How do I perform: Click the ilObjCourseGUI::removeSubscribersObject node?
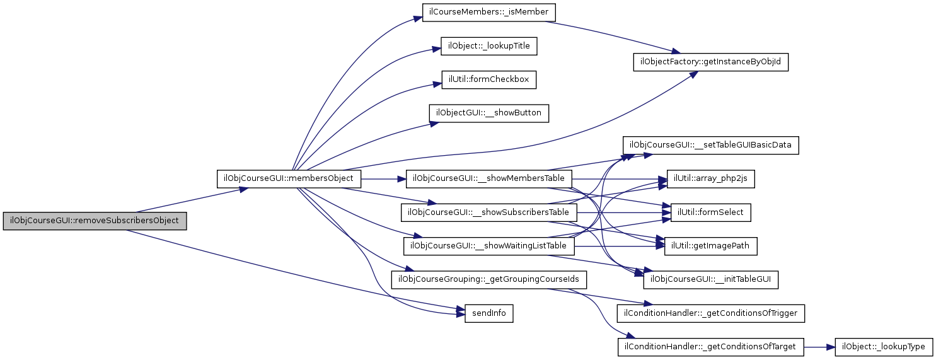[95, 221]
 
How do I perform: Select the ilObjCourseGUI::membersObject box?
[289, 178]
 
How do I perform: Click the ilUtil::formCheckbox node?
[489, 79]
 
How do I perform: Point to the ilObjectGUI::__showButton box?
[489, 113]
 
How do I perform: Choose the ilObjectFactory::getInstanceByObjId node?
[711, 62]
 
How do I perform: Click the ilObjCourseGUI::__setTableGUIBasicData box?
[711, 145]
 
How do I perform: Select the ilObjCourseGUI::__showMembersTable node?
[489, 178]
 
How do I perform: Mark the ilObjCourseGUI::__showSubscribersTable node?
[489, 212]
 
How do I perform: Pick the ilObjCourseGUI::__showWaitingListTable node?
[489, 245]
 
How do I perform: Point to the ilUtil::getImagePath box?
[710, 246]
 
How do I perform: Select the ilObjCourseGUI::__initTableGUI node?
[711, 279]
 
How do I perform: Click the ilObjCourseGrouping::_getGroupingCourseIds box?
[489, 279]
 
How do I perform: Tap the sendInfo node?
[488, 313]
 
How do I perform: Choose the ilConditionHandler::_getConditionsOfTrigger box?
[711, 313]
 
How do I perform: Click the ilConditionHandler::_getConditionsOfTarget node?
[711, 346]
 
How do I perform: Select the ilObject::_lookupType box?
[883, 346]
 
